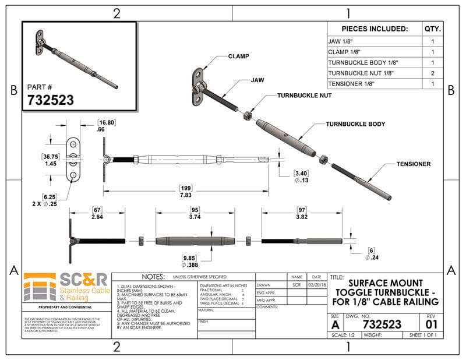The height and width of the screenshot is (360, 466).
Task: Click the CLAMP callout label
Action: tap(239, 57)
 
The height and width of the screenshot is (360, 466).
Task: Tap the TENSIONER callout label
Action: tap(414, 164)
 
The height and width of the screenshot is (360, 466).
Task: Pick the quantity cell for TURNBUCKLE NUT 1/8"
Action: tap(433, 73)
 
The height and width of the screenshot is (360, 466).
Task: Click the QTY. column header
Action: tap(433, 29)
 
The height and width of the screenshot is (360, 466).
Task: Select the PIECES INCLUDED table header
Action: tap(374, 29)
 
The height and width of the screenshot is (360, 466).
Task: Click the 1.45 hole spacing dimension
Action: tap(50, 164)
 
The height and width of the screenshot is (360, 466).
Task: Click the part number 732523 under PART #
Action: tap(51, 100)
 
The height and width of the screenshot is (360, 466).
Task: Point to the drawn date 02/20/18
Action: tap(316, 285)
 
